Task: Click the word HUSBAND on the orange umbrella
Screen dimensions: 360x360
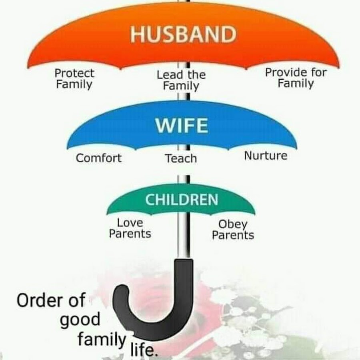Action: pos(183,34)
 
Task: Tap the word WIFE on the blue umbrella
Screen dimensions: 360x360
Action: pos(182,125)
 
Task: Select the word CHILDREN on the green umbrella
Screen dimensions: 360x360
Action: pos(181,200)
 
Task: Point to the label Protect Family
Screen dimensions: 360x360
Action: pos(74,79)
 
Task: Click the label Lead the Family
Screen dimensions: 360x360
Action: pos(181,80)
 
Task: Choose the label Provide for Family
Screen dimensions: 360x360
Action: pos(296,78)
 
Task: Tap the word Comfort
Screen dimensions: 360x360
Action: pos(99,158)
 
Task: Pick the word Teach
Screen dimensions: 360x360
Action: pos(181,158)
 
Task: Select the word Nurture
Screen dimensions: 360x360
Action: pos(266,156)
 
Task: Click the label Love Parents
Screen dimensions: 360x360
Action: pos(130,228)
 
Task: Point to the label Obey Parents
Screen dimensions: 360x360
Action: pos(233,229)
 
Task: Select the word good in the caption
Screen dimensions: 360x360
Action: pos(80,320)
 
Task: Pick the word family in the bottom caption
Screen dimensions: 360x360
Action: pos(102,339)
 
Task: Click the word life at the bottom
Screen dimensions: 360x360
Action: pos(144,349)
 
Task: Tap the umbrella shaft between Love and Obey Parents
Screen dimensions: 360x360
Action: pos(184,236)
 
